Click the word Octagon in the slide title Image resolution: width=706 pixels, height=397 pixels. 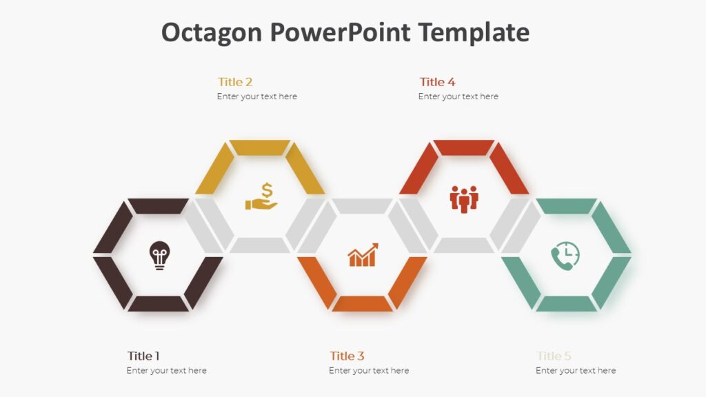point(212,32)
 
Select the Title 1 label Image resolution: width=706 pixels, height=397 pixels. point(143,356)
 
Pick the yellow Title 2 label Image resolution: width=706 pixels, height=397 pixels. point(235,82)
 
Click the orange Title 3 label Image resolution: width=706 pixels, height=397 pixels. point(347,356)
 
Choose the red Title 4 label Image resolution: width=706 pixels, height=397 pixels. point(437,82)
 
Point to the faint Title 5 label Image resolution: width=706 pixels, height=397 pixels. point(554,356)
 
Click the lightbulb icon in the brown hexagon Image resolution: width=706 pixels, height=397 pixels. point(159,255)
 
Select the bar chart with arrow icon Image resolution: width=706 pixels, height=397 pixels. point(363,255)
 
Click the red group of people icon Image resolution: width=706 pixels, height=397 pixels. point(464,198)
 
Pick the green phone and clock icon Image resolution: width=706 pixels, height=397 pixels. point(565,256)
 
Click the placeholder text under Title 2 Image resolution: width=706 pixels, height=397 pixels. point(256,96)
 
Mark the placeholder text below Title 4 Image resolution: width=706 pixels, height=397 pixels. point(458,96)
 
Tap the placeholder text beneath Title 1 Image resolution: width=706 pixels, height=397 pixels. point(166,371)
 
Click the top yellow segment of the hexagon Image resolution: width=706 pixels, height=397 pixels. point(260,147)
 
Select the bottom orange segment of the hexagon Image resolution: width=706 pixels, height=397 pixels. point(362,303)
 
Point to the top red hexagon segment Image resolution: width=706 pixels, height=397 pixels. point(464,147)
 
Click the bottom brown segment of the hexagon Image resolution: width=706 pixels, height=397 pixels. point(158,303)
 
